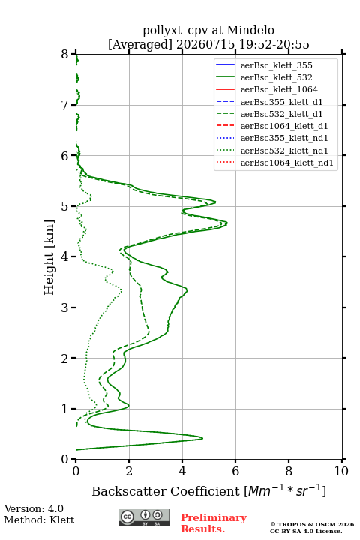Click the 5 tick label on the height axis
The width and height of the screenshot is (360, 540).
tap(65, 206)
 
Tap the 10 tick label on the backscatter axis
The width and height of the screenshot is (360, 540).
tap(341, 471)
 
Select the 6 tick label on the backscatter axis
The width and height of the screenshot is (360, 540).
tap(235, 471)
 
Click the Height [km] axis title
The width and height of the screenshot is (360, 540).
tap(49, 257)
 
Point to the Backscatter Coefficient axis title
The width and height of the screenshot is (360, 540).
tap(208, 491)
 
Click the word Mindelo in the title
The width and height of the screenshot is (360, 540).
tap(250, 30)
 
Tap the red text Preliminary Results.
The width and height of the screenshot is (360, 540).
tap(214, 523)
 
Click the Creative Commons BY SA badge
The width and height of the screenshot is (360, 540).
tap(144, 518)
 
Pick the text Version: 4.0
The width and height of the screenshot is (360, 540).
tap(34, 508)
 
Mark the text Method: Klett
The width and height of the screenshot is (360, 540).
tap(39, 520)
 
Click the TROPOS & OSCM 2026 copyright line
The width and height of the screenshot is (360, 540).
tap(313, 524)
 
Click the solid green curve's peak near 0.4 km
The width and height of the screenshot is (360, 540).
tap(202, 438)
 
